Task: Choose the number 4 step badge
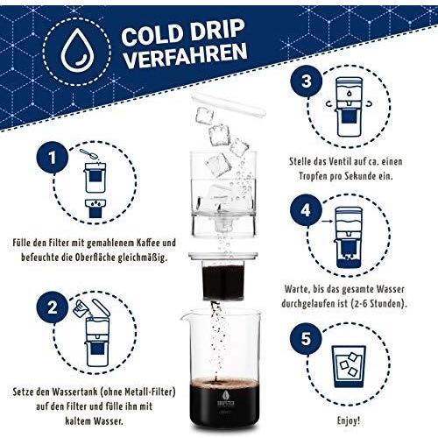click(x=306, y=212)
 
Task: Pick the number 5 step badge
click(x=306, y=334)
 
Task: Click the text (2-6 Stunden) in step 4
click(x=382, y=304)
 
